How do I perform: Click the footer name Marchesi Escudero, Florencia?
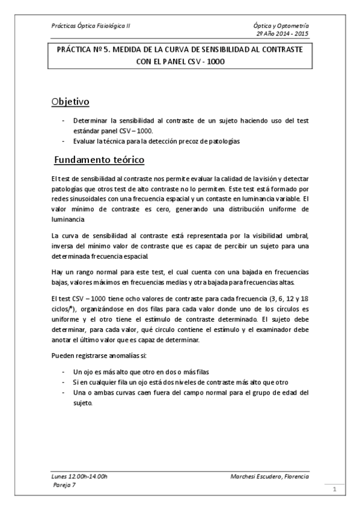pos(269,476)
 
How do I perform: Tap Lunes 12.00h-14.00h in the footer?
pos(79,476)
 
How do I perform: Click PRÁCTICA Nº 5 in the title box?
pos(85,52)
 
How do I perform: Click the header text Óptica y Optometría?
pos(281,26)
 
